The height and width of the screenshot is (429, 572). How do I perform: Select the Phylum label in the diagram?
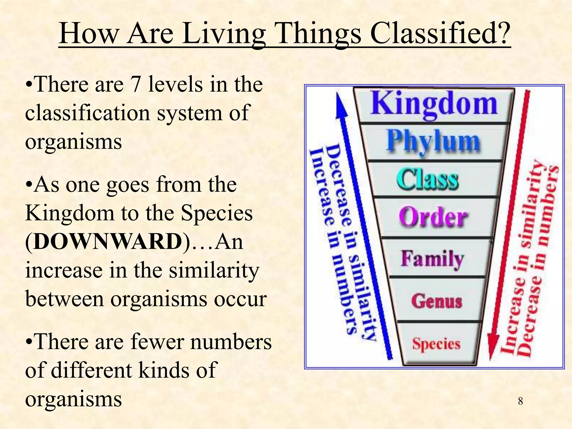[x=433, y=142]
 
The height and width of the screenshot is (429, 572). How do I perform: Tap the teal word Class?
[x=428, y=180]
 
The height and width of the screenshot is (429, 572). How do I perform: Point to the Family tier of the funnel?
[x=432, y=259]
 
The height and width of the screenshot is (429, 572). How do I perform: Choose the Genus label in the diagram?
[x=437, y=301]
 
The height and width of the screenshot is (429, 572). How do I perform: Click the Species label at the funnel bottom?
[x=436, y=344]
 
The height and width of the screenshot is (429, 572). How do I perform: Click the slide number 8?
[x=520, y=401]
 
